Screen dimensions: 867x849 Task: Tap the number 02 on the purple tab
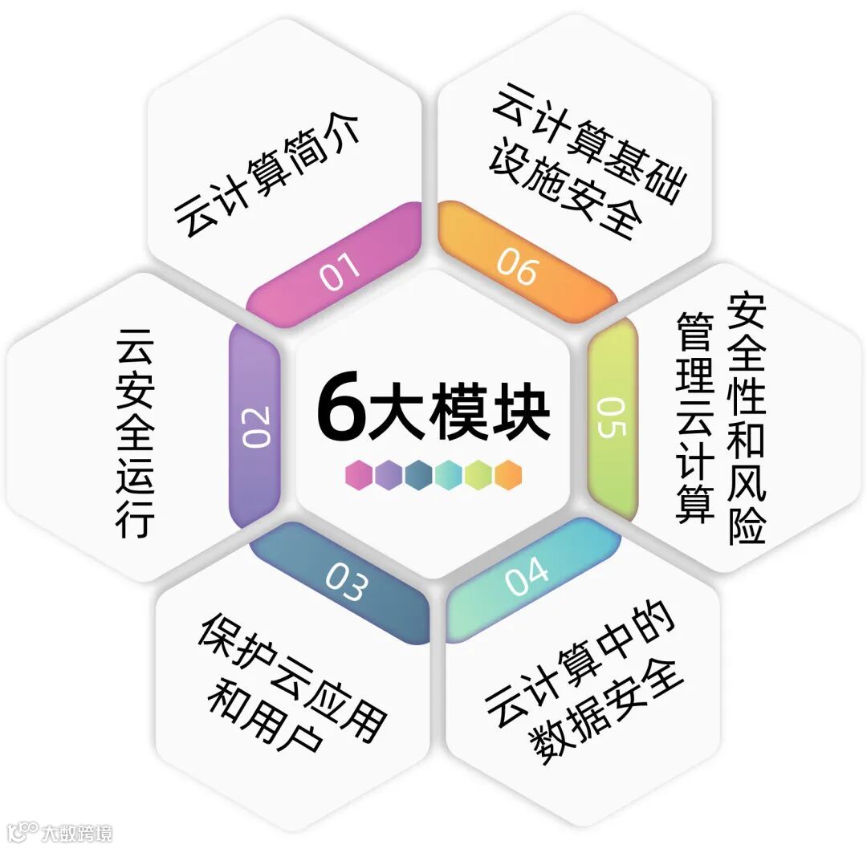click(256, 427)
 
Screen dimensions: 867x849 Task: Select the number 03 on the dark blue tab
click(346, 583)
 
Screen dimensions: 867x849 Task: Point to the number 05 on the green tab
click(611, 416)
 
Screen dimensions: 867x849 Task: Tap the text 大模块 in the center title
click(459, 410)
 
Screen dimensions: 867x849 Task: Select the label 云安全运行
click(135, 432)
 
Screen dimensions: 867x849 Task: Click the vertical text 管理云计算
click(695, 417)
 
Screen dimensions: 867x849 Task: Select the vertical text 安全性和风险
click(747, 417)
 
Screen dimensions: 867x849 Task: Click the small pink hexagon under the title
click(359, 475)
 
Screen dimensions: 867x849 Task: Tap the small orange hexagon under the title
click(508, 475)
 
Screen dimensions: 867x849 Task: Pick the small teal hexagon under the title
click(449, 475)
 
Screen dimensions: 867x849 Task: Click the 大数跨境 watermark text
click(77, 832)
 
